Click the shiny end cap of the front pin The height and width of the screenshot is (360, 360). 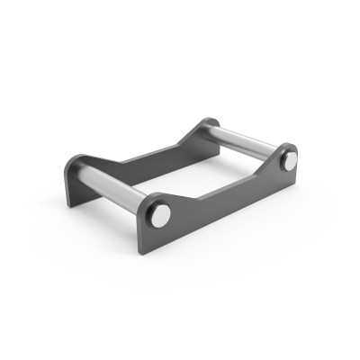pyautogui.click(x=159, y=215)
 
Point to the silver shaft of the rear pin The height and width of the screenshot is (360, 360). pyautogui.click(x=243, y=141)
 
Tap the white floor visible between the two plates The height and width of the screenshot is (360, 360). pyautogui.click(x=189, y=175)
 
